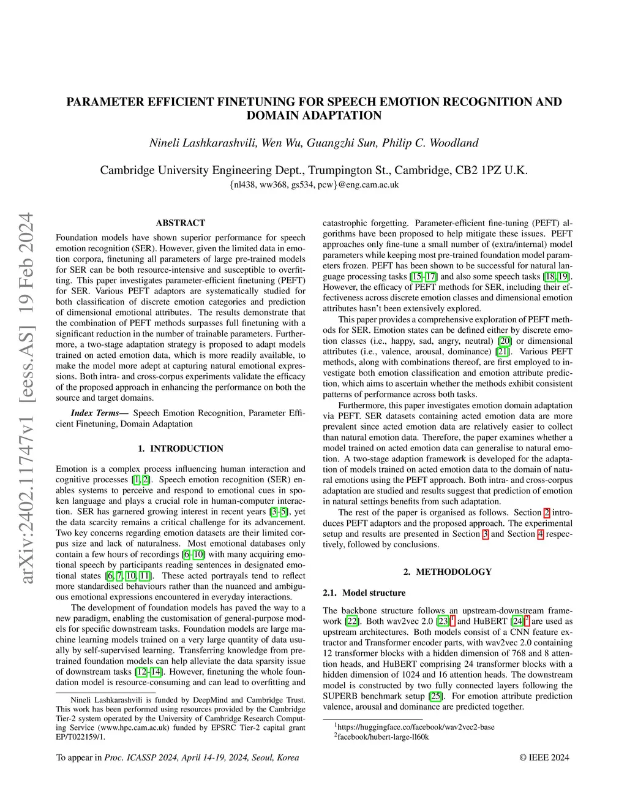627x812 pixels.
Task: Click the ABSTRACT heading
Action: tap(181, 223)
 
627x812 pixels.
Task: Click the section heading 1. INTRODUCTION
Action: tap(181, 449)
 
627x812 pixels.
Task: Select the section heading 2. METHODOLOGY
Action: tap(448, 572)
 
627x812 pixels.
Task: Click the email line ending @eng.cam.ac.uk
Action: tap(313, 184)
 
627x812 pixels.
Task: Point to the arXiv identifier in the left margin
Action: tap(26, 398)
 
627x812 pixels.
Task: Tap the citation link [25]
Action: tap(435, 696)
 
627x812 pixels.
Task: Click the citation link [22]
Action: tap(351, 621)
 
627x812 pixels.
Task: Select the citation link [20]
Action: tap(505, 341)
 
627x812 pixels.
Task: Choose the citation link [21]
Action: tap(502, 352)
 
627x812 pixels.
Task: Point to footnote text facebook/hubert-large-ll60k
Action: tap(383, 737)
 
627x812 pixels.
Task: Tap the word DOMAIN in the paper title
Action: tap(274, 116)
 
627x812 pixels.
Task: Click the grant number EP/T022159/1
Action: tap(80, 737)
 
